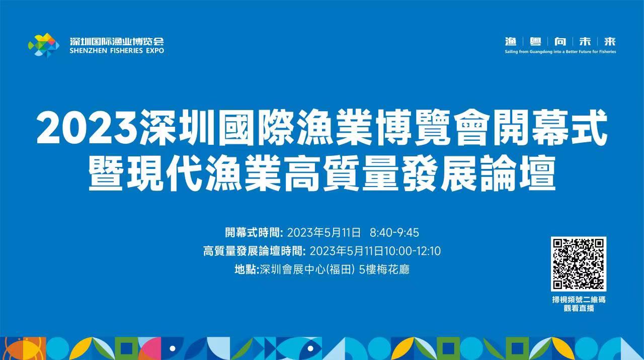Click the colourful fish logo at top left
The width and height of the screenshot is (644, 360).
(43, 45)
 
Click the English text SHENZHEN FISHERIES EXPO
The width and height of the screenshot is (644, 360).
(117, 51)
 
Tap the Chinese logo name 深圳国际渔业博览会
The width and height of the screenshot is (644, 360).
(117, 41)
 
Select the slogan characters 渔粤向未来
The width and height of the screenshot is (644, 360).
(560, 42)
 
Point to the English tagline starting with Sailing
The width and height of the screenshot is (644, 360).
(560, 52)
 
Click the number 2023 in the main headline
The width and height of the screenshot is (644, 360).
(86, 129)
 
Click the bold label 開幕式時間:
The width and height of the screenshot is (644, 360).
(255, 233)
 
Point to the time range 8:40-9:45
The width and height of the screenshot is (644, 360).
(394, 233)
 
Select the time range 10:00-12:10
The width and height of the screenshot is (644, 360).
(413, 251)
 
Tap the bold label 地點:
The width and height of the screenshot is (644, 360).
(247, 269)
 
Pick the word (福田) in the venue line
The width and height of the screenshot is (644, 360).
(341, 269)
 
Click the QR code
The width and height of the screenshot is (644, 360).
(579, 264)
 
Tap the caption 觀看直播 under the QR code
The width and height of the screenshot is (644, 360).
(579, 308)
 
